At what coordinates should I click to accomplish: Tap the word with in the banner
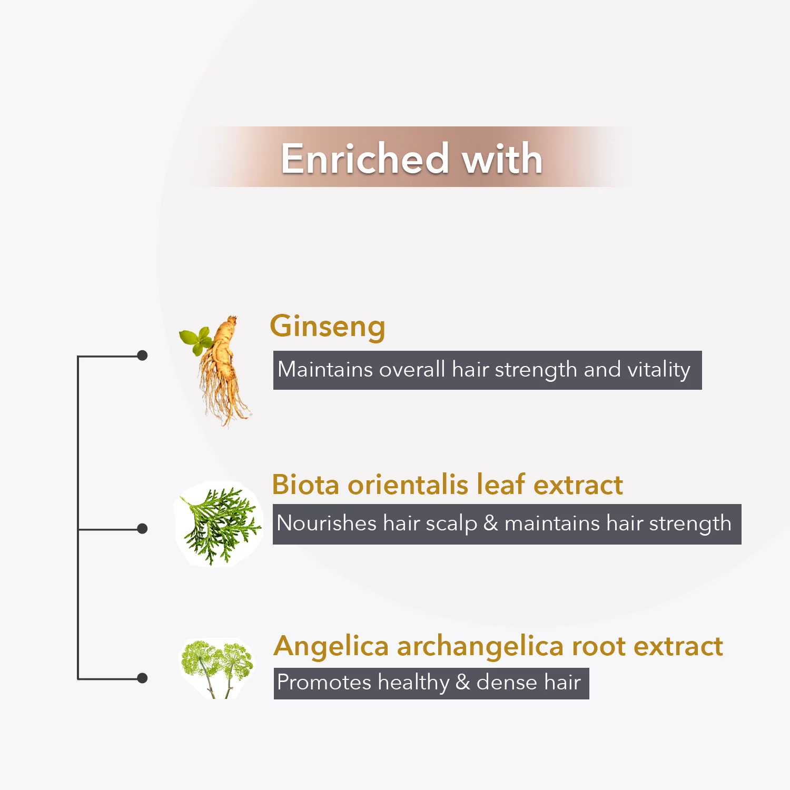coord(502,159)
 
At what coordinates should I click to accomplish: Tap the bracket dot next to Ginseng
coord(142,355)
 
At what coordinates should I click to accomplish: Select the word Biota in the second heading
coord(305,485)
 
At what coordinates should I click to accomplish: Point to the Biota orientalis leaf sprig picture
coord(219,524)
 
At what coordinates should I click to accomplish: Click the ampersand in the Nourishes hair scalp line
coord(491,523)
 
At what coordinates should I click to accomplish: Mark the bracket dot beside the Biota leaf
coord(142,528)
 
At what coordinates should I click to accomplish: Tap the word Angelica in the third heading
coord(331,647)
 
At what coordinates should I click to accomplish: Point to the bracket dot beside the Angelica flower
coord(142,678)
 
